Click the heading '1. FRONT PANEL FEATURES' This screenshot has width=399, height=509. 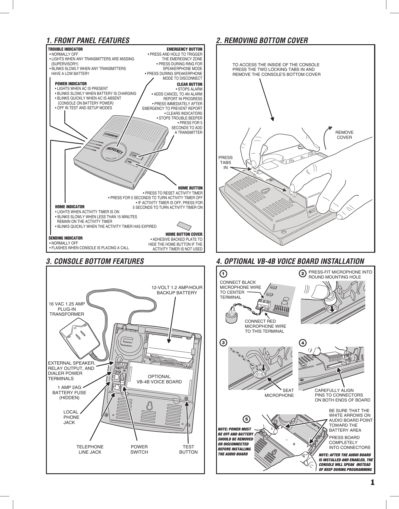coord(88,40)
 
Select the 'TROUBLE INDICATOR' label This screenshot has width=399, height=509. coord(65,49)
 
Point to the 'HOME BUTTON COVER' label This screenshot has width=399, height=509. coord(184,234)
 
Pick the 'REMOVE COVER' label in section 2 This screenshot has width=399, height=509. coord(344,135)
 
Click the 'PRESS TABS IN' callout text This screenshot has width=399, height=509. coord(225,163)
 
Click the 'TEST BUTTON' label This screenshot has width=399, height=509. coord(188,449)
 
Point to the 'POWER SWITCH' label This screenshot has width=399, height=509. coord(139,449)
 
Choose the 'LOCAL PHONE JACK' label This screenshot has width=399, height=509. coord(71,417)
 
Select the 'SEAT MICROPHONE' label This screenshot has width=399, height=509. coord(279,393)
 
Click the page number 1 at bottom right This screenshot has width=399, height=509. coord(372,482)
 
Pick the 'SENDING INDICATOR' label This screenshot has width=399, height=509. coord(66,238)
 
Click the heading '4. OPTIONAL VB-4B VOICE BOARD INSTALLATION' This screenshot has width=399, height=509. coord(290,261)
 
